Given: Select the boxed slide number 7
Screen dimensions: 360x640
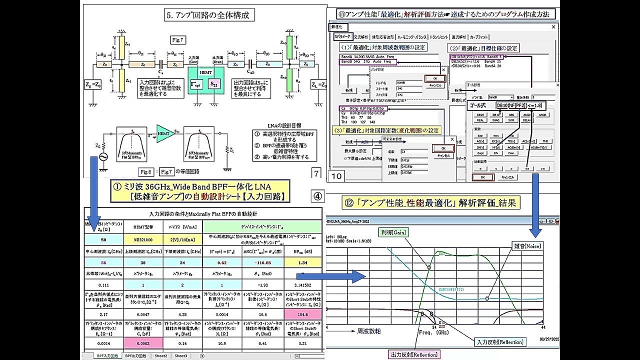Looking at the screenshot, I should [x=316, y=173].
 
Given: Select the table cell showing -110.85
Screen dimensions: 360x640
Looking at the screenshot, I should [x=263, y=262].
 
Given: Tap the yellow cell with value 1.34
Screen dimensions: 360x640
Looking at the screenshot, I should [x=301, y=262].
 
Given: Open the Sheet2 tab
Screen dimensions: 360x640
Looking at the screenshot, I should [x=160, y=356].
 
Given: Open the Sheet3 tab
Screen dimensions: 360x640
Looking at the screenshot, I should [x=181, y=356].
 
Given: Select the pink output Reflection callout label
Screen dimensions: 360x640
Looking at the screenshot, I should [x=413, y=354].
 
